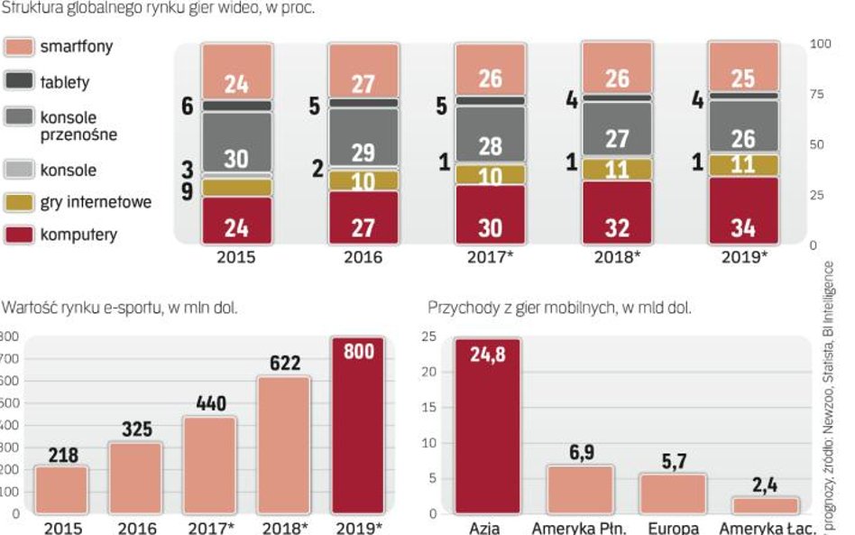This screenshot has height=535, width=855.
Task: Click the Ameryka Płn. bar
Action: pos(580,489)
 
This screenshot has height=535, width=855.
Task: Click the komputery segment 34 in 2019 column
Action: pos(743,211)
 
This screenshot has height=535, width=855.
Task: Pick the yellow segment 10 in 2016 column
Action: pos(363,180)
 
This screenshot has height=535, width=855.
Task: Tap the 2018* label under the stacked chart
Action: pos(617,257)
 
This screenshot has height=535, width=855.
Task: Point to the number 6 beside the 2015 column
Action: pos(187,106)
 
